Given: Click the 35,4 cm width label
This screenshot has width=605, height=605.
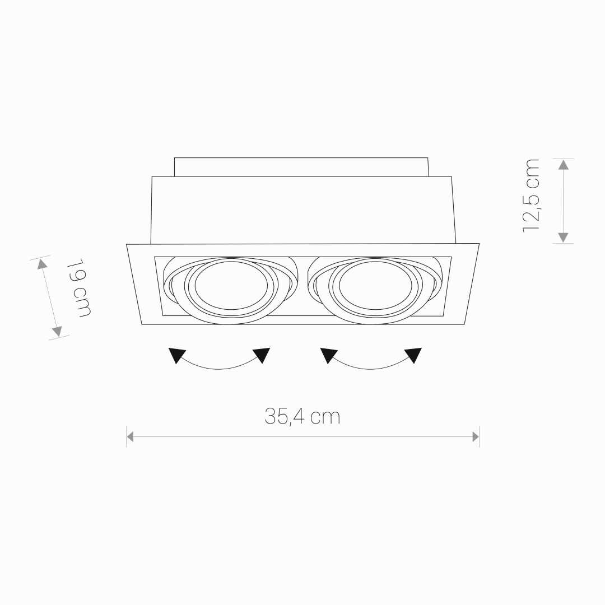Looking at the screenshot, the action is (x=302, y=417).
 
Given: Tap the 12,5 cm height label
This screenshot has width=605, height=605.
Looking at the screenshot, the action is (x=531, y=196).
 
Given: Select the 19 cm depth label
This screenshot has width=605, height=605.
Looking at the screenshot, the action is (x=79, y=288).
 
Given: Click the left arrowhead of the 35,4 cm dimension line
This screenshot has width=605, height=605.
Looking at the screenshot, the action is (x=130, y=437).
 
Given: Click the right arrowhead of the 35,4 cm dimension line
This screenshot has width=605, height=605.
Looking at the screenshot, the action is (x=476, y=437).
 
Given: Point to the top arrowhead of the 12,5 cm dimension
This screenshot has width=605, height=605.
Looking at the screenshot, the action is (x=564, y=164).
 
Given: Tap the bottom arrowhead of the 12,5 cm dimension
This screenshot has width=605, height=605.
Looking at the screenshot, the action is (x=564, y=238).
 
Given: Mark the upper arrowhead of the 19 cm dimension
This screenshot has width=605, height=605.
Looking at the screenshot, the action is (x=42, y=264).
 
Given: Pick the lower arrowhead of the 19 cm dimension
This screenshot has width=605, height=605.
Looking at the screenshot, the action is (x=57, y=331).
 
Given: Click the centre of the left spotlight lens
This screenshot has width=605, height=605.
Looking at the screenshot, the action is (x=231, y=285).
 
